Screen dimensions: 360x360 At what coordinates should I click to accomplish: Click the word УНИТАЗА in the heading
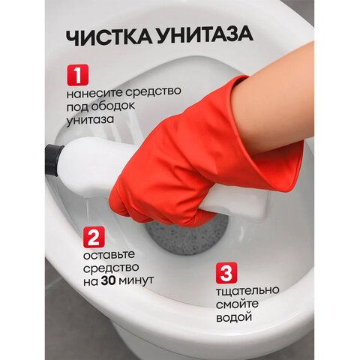[205, 34]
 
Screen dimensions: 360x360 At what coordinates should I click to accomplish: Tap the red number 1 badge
[78, 75]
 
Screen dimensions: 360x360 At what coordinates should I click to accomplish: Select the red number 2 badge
[94, 237]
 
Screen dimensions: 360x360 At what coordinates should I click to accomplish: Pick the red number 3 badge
[226, 273]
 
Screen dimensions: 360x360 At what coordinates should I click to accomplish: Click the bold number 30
[108, 281]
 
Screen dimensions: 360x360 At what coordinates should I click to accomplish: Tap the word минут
[136, 280]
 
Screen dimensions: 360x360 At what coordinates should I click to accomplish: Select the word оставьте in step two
[109, 255]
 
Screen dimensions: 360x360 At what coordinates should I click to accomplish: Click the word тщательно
[247, 291]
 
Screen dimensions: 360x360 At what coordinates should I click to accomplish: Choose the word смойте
[237, 304]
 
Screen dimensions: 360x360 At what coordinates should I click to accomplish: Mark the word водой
[234, 317]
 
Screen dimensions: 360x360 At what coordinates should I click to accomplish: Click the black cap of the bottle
[53, 160]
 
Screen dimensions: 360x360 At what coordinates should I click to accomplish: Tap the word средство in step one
[153, 91]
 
